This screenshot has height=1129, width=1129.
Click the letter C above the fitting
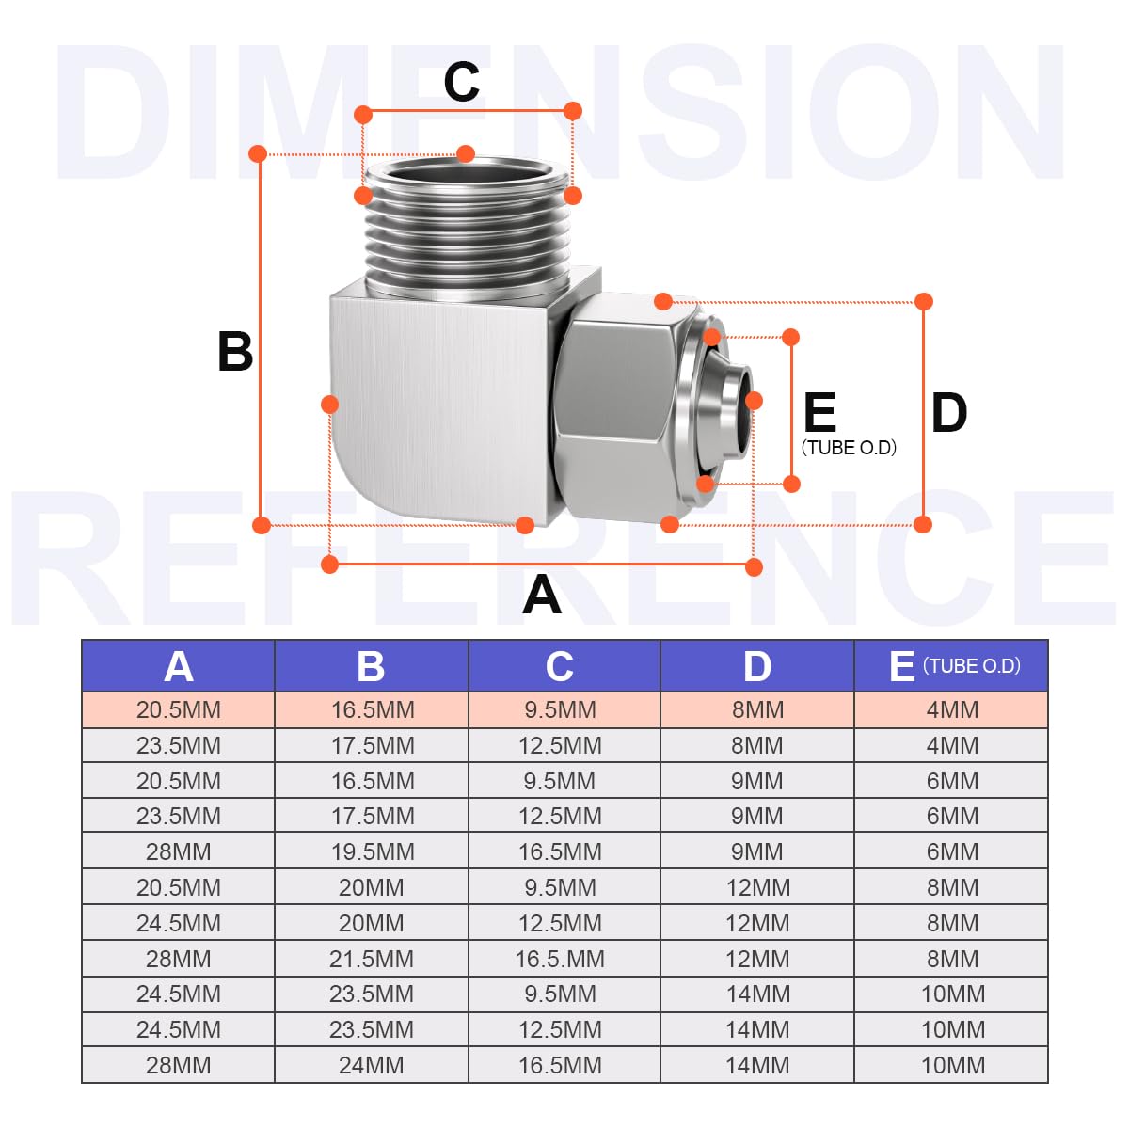click(462, 82)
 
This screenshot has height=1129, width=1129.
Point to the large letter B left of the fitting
click(235, 352)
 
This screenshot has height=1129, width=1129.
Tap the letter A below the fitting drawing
click(541, 594)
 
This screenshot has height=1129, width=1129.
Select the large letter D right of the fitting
click(949, 413)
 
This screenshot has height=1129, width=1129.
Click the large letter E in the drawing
click(819, 412)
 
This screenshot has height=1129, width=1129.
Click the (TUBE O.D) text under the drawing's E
click(849, 448)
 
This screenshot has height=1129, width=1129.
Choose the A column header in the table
click(179, 667)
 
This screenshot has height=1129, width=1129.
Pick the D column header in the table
click(757, 667)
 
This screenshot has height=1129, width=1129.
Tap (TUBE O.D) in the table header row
click(972, 665)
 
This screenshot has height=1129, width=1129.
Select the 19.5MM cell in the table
click(373, 851)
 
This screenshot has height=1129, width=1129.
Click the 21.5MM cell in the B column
click(372, 959)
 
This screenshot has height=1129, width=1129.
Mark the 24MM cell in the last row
click(372, 1065)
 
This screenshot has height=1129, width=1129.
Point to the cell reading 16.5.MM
click(560, 959)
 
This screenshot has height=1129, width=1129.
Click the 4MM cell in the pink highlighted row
click(952, 709)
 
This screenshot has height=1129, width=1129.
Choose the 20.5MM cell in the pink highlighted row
click(179, 709)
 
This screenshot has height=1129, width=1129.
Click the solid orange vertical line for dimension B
click(260, 340)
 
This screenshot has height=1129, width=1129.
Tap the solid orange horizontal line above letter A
click(542, 564)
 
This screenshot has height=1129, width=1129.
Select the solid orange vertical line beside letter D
click(923, 413)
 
